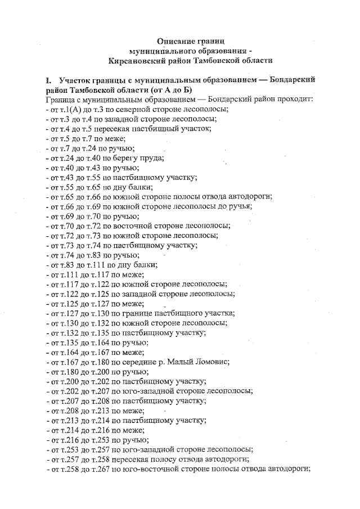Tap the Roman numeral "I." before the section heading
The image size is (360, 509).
tap(50, 80)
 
